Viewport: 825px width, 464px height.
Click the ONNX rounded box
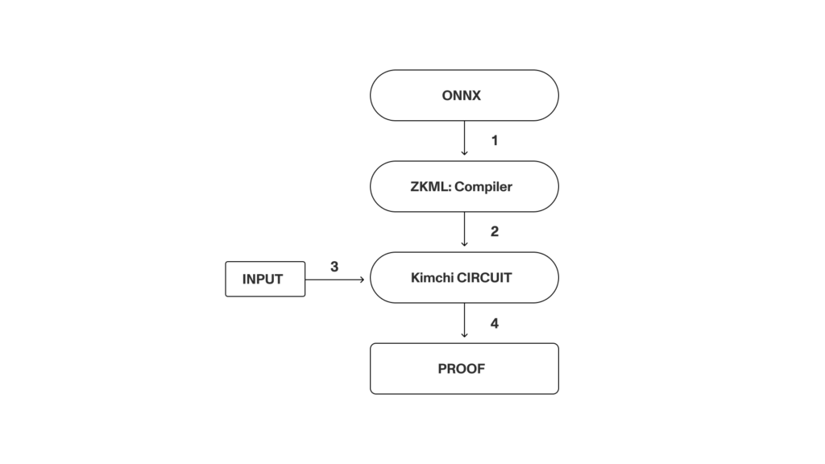[x=464, y=95]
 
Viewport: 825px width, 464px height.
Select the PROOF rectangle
[x=464, y=369]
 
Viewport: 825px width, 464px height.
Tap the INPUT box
[x=265, y=280]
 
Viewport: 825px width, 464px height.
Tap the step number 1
[x=495, y=140]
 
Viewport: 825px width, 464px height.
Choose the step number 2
[x=495, y=232]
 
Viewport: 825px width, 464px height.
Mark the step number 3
[x=334, y=267]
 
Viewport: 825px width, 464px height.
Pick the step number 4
[x=495, y=324]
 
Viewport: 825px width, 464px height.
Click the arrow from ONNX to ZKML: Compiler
[x=465, y=138]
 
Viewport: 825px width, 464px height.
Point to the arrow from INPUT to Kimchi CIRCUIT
[x=334, y=280]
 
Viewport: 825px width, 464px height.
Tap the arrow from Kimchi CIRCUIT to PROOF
[x=465, y=321]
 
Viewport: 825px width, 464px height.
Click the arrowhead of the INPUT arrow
[x=361, y=280]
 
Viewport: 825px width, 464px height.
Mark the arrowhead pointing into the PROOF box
[x=465, y=334]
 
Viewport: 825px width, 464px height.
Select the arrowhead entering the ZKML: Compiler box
[x=465, y=152]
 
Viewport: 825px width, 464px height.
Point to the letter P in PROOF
[x=442, y=369]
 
